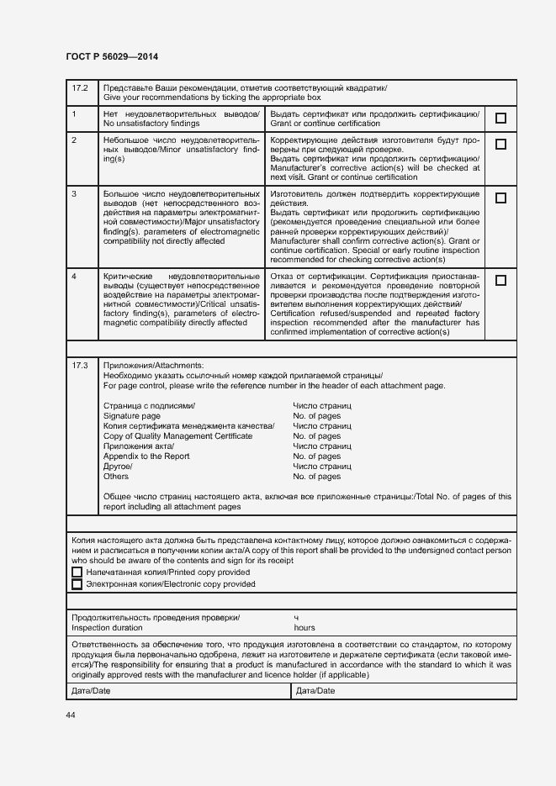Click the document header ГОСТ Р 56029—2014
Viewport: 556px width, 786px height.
pos(112,56)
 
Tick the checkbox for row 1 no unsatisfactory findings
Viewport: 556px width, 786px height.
pos(500,119)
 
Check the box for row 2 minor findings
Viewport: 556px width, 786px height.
pos(500,144)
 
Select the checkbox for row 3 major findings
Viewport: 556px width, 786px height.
pos(500,198)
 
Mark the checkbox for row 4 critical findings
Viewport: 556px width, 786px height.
pos(500,281)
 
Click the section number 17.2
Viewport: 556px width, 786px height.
pos(80,88)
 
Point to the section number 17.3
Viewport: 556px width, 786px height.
pos(80,366)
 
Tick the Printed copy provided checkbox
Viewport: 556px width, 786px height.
pos(77,572)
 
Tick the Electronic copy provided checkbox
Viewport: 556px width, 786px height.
pos(77,584)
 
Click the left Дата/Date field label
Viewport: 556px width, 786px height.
pos(91,691)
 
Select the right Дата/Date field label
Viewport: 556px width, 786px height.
pos(315,691)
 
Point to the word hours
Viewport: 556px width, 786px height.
pos(304,628)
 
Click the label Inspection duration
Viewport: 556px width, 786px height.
pos(107,628)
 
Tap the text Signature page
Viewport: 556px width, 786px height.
pos(131,416)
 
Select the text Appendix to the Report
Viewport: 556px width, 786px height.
pos(146,456)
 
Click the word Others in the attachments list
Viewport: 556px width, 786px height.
pos(116,477)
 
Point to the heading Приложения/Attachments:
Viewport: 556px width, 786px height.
pos(153,366)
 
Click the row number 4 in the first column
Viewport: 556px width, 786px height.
pos(75,277)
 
